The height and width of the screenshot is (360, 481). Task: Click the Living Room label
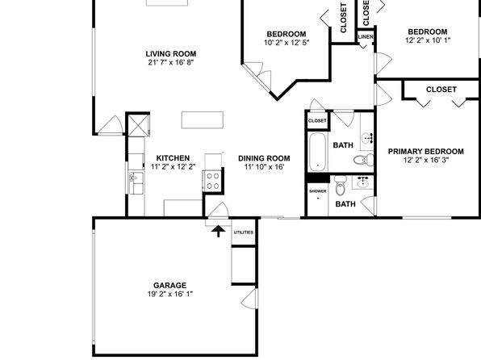point(171,54)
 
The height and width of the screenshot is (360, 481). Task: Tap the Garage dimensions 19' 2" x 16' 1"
point(170,294)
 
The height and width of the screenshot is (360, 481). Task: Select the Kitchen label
point(173,158)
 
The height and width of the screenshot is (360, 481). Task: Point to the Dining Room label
point(264,158)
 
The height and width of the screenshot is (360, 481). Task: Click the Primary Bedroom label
point(426,151)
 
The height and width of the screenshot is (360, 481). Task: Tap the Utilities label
point(244,232)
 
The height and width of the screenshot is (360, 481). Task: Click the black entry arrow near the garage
point(218,232)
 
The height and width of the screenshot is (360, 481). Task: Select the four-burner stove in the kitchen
point(212,181)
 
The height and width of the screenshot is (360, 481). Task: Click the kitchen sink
point(136,183)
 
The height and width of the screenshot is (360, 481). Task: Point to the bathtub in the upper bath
point(317,153)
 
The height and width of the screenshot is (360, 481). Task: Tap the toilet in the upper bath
point(363,160)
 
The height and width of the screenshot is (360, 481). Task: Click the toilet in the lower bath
point(340,186)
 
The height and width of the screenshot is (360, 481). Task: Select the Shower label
point(318,191)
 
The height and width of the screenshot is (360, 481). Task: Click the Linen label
point(366,37)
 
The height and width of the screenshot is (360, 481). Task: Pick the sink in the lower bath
point(363,182)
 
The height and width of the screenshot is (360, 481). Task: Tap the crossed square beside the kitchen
point(138,125)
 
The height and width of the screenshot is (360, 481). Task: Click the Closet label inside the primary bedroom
point(441,90)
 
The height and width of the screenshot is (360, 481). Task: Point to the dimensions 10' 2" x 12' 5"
point(287,42)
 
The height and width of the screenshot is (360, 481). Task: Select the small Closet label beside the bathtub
point(317,121)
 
